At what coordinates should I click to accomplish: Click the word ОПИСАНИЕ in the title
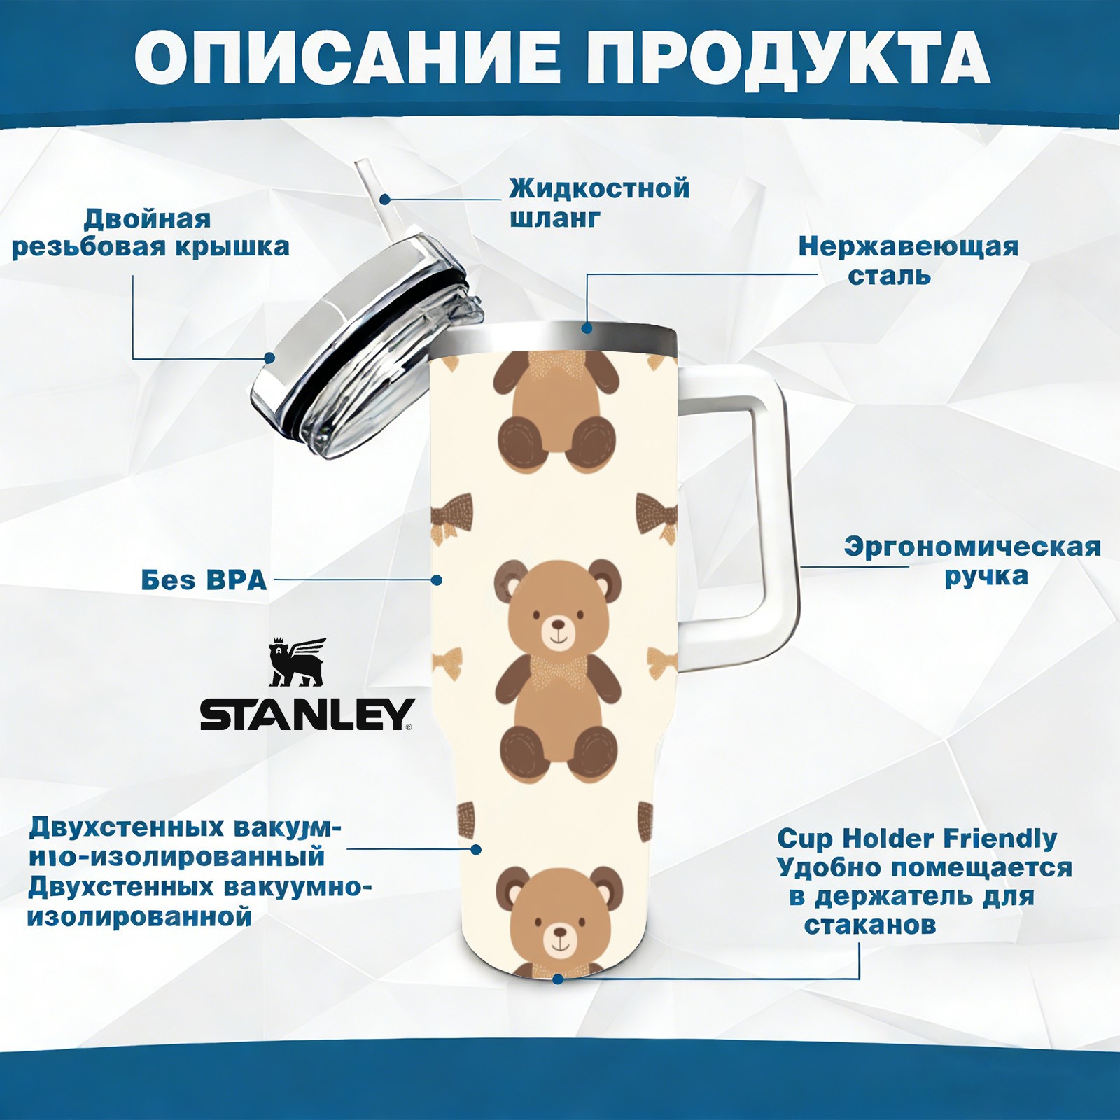348,57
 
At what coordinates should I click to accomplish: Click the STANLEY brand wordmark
306,715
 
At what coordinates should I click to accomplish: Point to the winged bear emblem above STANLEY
298,661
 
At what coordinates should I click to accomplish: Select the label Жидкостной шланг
599,203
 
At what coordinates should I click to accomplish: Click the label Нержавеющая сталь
908,260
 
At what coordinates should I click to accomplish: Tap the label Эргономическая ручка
972,561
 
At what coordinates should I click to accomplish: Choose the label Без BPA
204,580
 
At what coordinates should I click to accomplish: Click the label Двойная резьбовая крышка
150,233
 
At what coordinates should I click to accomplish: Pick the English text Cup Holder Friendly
917,838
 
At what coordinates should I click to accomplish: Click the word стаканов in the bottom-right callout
869,925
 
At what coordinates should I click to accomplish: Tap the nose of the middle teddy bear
558,623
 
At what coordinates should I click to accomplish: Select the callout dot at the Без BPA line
437,580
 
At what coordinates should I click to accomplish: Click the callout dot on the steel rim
587,327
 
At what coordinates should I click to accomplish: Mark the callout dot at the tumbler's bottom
558,979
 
